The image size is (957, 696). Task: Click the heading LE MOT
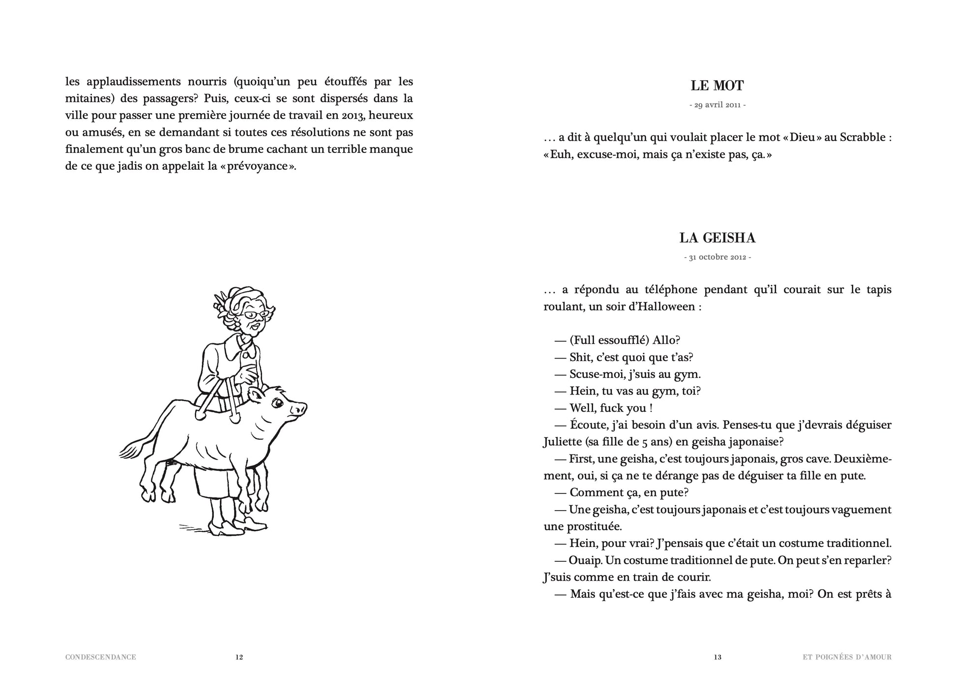[717, 86]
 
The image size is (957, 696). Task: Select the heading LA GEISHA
[717, 238]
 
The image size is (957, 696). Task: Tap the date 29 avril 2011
[717, 105]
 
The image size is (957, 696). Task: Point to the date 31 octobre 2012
[717, 257]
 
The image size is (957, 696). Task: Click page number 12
[239, 657]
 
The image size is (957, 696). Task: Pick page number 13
[718, 657]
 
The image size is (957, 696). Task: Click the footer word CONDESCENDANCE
[100, 657]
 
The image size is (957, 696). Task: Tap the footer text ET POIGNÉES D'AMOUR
[843, 657]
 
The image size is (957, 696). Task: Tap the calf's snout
[299, 408]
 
